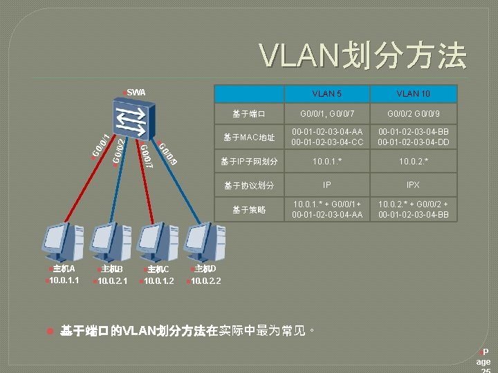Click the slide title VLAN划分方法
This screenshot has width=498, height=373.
[362, 56]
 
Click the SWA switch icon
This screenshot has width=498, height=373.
[131, 119]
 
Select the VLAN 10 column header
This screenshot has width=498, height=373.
[414, 93]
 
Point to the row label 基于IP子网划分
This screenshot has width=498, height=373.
[249, 162]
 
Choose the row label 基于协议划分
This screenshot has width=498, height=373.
[249, 186]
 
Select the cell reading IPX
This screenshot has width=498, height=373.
[414, 186]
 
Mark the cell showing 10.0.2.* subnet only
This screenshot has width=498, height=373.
[414, 162]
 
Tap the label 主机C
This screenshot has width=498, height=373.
[157, 269]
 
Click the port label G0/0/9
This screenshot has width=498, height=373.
[168, 153]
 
